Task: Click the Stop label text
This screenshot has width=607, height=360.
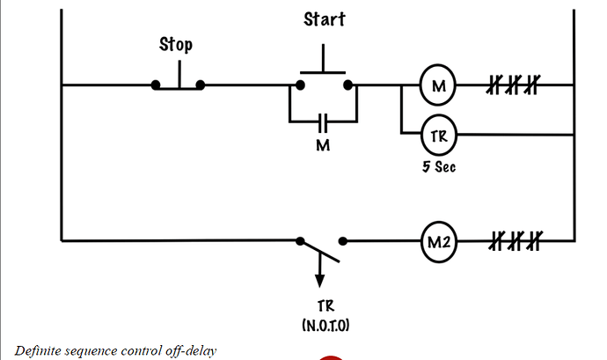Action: click(176, 44)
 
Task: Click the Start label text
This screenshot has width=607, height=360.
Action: click(325, 18)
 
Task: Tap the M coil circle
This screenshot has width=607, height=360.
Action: click(437, 85)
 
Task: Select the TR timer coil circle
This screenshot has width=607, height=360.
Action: click(437, 135)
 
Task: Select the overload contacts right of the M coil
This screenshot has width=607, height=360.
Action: click(513, 85)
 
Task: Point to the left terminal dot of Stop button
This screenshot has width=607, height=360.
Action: click(156, 85)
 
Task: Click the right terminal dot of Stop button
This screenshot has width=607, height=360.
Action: click(201, 85)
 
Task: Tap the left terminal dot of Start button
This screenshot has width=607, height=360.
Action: click(300, 85)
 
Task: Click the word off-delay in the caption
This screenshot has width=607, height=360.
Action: click(189, 350)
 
